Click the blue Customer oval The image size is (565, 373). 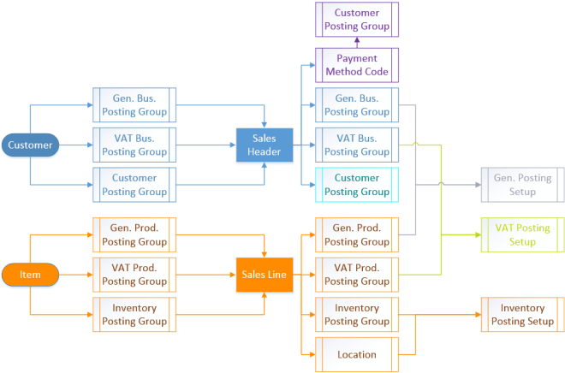point(30,145)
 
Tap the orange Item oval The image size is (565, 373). point(30,275)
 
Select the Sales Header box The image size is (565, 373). point(265,145)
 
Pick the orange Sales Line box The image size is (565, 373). point(265,275)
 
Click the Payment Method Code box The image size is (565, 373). point(357,65)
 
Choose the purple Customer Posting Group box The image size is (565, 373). point(357,19)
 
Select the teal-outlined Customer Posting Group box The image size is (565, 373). point(357,184)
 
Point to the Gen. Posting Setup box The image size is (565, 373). point(523,184)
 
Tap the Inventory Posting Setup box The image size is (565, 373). point(523,314)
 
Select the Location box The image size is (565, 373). point(357,354)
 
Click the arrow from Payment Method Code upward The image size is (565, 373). point(357,41)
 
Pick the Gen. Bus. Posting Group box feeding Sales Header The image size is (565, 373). point(134,104)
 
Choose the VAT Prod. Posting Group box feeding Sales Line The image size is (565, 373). point(134,275)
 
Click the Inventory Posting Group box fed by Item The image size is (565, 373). point(134,314)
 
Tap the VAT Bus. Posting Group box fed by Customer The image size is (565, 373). point(134,145)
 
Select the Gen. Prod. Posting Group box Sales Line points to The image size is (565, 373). point(357,234)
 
